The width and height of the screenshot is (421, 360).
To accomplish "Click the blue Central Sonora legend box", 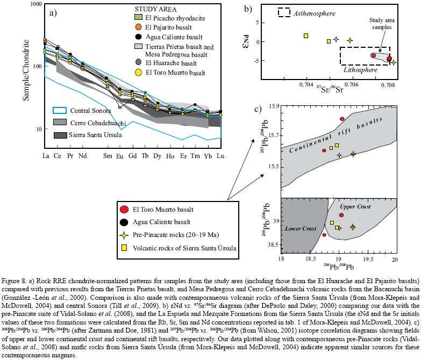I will coord(62,111).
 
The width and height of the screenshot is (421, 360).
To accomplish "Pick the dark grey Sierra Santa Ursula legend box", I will coord(62,135).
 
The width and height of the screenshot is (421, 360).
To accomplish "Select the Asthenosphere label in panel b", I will coord(315,12).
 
